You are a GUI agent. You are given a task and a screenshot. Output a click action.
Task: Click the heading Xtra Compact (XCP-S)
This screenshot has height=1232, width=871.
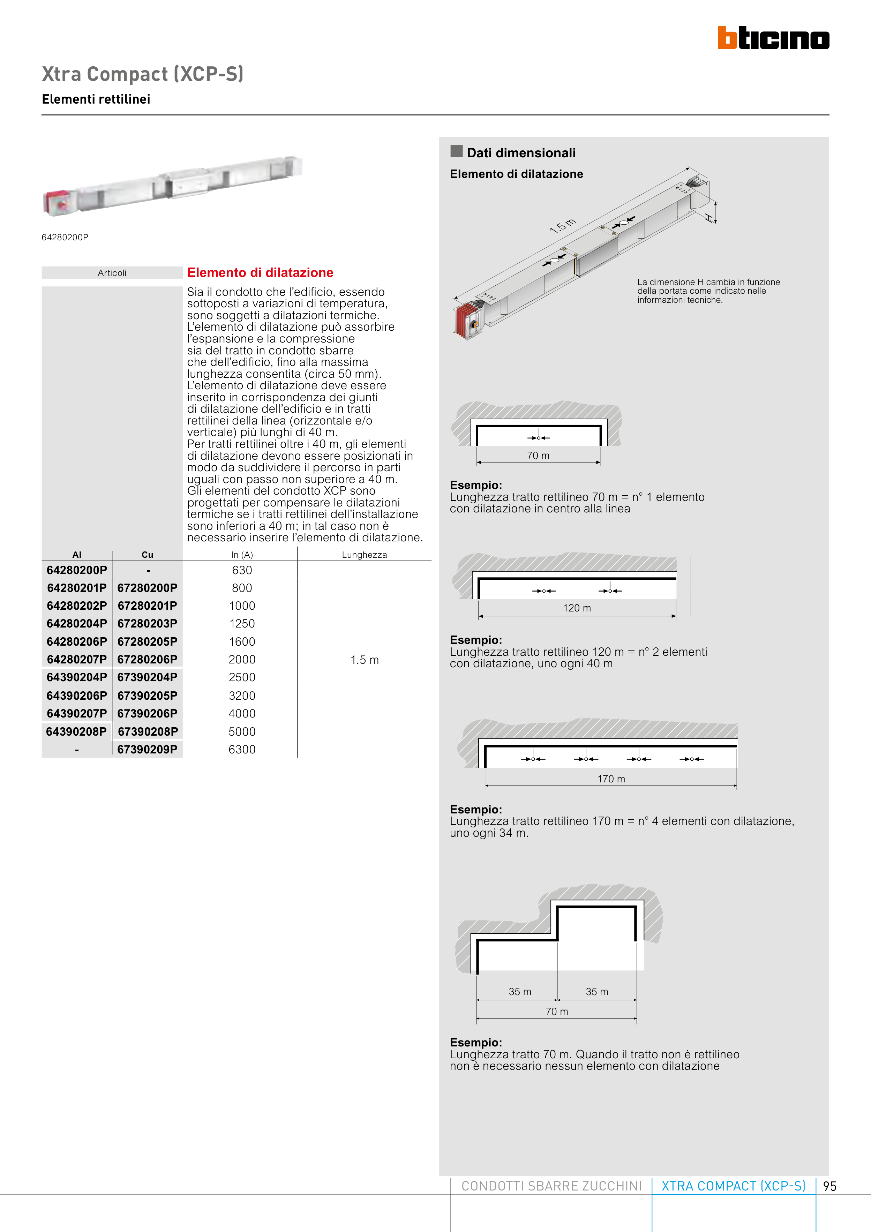point(143,74)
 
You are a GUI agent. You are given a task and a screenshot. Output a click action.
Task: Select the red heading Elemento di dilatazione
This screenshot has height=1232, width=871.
point(260,272)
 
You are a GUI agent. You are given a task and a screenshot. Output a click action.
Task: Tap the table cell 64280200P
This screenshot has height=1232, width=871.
point(77,570)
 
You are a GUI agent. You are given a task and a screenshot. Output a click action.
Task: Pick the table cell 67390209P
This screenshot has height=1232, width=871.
point(148,749)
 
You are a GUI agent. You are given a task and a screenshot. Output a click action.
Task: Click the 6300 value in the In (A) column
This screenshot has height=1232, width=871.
point(242,749)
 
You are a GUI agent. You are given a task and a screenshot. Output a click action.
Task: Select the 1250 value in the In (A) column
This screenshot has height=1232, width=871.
point(242,624)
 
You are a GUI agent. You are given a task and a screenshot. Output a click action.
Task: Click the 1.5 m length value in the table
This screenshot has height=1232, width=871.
point(365,660)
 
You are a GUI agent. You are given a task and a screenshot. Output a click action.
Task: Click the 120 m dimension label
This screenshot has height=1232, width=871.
point(577,608)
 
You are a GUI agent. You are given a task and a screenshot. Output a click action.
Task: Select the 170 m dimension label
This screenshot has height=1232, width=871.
point(611,779)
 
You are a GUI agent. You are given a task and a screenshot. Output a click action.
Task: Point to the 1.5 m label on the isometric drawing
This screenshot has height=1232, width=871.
point(562,226)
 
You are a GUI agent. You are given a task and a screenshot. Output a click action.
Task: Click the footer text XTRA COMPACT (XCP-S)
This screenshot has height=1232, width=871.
point(733,1186)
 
